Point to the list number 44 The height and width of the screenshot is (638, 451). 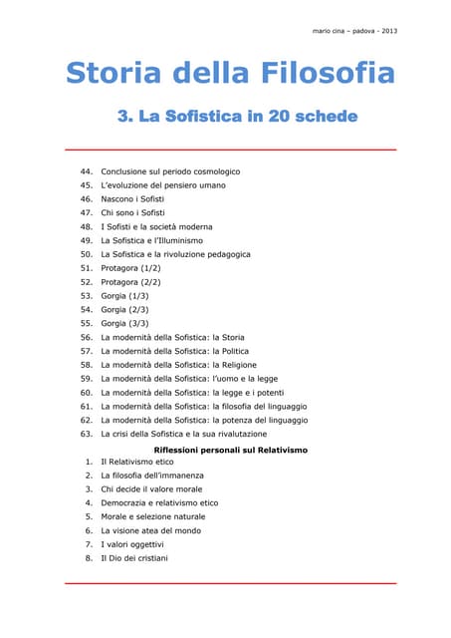[x=86, y=171]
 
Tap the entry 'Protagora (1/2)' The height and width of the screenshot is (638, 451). [x=136, y=268]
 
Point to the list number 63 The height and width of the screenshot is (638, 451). [x=86, y=434]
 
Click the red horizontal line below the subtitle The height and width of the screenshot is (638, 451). [x=230, y=150]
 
